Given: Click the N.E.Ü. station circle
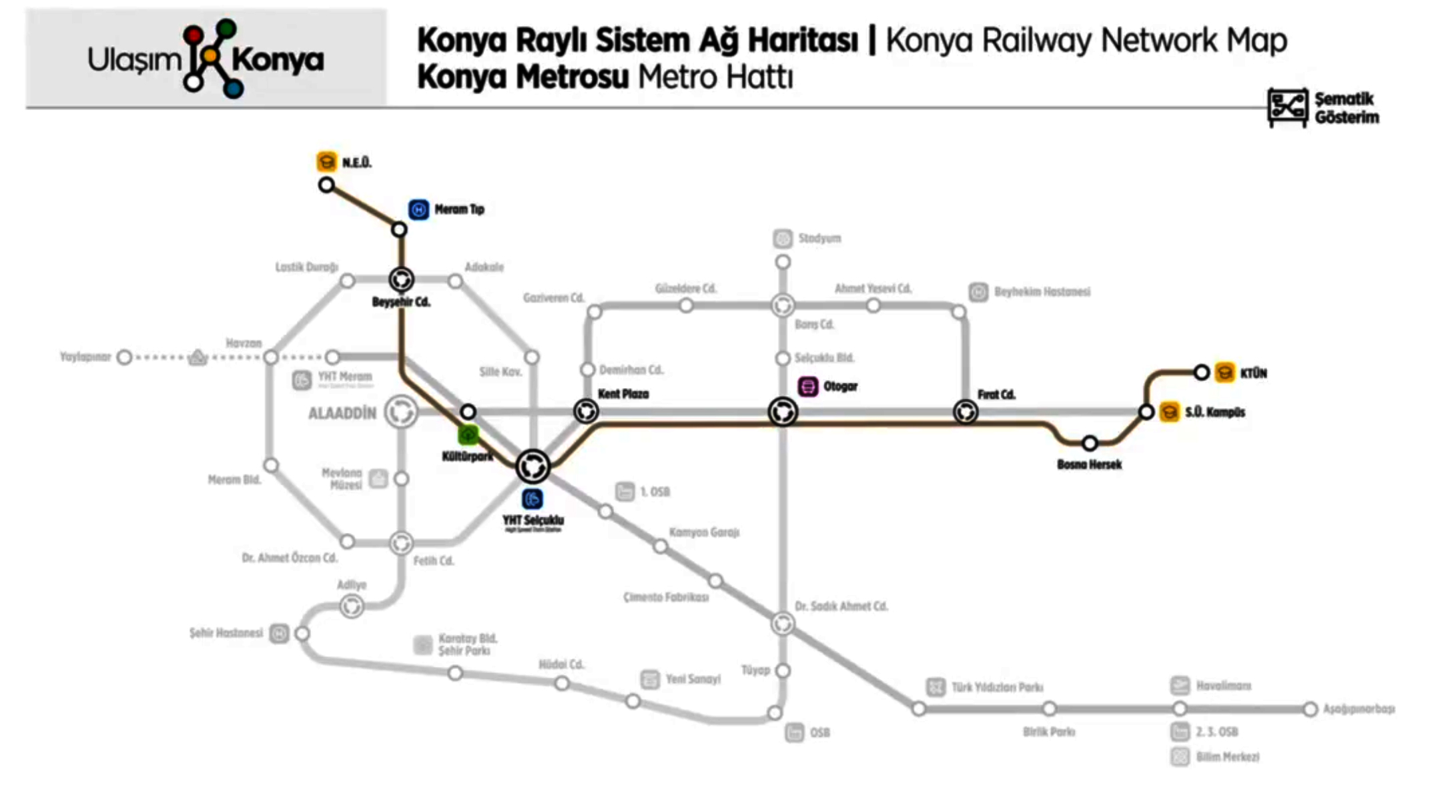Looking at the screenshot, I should click(326, 185).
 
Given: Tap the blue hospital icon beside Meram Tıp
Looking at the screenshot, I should click(418, 209).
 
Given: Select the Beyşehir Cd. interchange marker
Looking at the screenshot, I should click(402, 279).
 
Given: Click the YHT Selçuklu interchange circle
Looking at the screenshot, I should click(532, 466).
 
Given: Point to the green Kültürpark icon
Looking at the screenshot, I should click(468, 436).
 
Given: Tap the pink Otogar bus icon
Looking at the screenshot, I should click(808, 386).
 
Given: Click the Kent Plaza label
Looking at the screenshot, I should click(623, 394).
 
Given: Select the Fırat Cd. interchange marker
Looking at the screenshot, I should click(966, 412).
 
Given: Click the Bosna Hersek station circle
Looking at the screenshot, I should click(1090, 443).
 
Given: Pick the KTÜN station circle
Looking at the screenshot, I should click(1201, 372).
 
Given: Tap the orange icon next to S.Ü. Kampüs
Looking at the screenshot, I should click(1169, 412).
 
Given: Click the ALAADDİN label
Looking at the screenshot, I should click(342, 414).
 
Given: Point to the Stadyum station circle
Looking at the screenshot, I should click(783, 262).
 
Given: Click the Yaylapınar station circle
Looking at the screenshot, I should click(124, 357).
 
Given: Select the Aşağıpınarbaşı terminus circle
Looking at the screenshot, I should click(1310, 709).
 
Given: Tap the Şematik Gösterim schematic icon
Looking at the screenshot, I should click(1287, 107).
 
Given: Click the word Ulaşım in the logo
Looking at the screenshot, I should click(134, 60).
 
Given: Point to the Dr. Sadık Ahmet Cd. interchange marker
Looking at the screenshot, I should click(783, 624).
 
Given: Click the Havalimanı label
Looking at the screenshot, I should click(1223, 686).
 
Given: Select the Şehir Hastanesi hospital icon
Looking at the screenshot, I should click(279, 633).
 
